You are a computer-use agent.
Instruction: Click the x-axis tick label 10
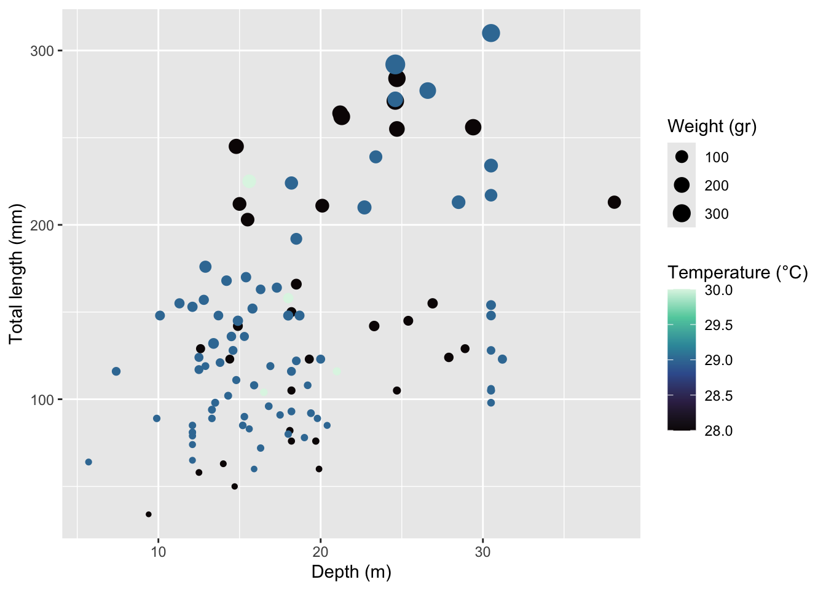point(159,552)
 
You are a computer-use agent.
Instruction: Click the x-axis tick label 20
point(320,552)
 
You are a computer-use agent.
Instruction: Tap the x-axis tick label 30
point(482,552)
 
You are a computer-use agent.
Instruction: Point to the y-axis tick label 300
point(42,50)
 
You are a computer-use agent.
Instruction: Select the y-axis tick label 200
point(42,225)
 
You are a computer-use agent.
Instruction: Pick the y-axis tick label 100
point(42,399)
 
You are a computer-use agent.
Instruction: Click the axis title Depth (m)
point(351,572)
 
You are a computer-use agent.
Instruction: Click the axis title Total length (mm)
point(17,273)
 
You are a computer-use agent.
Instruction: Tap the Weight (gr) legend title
point(712,127)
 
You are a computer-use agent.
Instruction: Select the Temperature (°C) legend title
point(737,273)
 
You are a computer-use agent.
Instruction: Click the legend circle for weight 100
point(682,157)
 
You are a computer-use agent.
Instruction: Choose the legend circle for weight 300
point(682,213)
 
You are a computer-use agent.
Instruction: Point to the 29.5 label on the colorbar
point(718,325)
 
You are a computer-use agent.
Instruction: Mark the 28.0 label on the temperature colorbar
point(718,431)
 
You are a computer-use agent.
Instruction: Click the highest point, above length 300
point(490,33)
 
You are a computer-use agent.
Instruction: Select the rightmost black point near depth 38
point(614,202)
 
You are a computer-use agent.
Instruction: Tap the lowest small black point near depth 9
point(148,514)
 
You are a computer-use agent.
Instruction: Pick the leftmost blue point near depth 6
point(88,462)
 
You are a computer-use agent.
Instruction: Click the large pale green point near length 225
point(249,181)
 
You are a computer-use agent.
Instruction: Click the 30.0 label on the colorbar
point(718,290)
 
